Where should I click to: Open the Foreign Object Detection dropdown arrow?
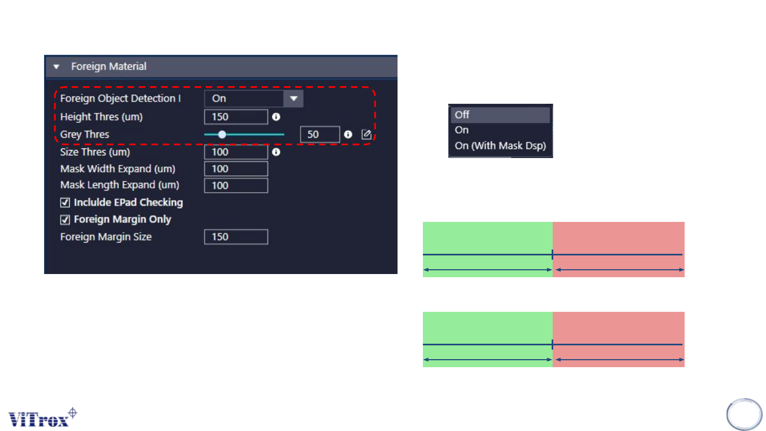[294, 98]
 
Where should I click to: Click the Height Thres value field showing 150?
[236, 117]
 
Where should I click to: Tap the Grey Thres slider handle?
[222, 135]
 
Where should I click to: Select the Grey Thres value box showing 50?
[319, 135]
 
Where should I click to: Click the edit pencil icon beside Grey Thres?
[367, 135]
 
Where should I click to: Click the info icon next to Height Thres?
[276, 117]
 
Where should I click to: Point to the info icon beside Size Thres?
[276, 152]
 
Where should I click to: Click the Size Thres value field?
[236, 152]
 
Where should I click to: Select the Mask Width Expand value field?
[236, 169]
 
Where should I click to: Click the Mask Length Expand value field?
[236, 186]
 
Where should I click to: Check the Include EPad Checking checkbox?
[65, 203]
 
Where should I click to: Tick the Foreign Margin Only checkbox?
[65, 219]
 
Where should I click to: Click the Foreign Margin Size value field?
[236, 237]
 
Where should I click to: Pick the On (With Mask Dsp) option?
[499, 146]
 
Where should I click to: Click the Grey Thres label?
[85, 135]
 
